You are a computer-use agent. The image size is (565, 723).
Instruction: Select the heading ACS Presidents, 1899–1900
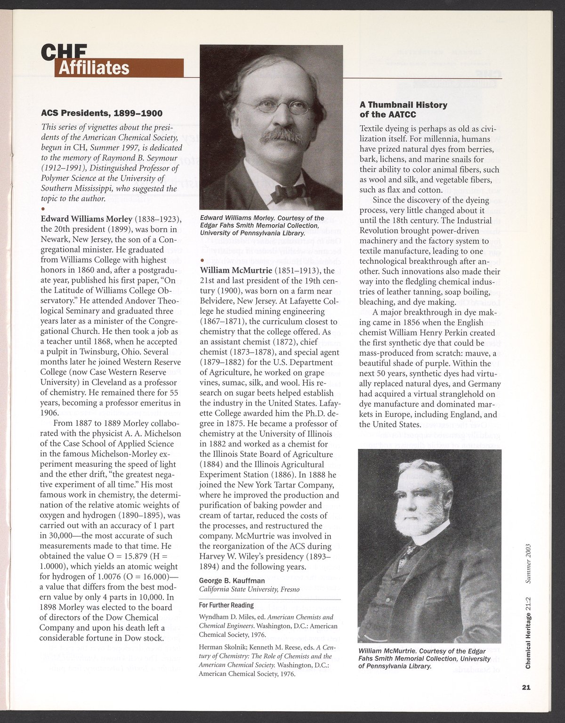pyautogui.click(x=102, y=113)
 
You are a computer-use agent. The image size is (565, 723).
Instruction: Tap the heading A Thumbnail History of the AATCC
pyautogui.click(x=404, y=109)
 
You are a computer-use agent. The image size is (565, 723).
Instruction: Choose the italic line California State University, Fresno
pyautogui.click(x=249, y=589)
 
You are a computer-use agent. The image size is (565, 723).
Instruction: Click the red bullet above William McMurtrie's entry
pyautogui.click(x=202, y=260)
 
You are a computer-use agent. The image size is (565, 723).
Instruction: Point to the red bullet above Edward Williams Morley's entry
pyautogui.click(x=43, y=209)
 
